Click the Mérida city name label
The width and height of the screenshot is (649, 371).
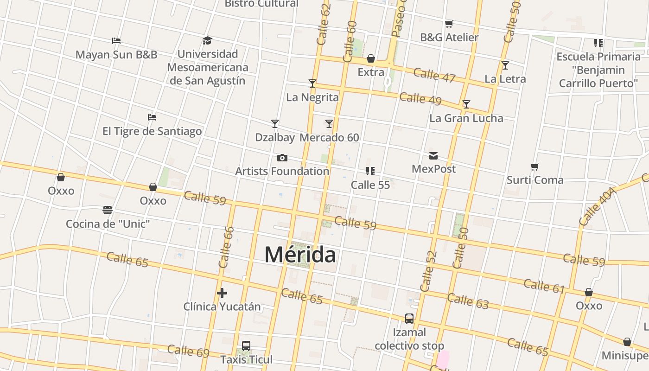[x=300, y=255]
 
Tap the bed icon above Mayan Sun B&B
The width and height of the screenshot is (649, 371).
[x=116, y=41]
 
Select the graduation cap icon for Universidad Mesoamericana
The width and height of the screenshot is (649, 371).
[x=207, y=40]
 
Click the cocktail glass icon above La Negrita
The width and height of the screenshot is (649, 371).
[x=312, y=83]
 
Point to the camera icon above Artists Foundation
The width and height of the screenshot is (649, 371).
[x=282, y=158]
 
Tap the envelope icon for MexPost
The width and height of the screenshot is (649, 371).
[x=433, y=156]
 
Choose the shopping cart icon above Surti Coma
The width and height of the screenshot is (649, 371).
[x=535, y=166]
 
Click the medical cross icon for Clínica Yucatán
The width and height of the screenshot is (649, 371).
[x=222, y=293]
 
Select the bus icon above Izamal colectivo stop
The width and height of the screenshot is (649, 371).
[x=409, y=319]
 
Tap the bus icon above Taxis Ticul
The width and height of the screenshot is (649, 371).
[x=246, y=346]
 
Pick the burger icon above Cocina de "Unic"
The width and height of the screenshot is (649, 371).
[x=108, y=211]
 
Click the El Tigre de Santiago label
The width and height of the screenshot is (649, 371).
[x=152, y=131]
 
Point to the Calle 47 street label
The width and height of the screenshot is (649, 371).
[x=434, y=75]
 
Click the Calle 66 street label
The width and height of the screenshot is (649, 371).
[x=226, y=247]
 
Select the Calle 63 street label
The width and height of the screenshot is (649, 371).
[x=468, y=301]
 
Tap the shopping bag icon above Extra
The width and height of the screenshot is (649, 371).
[x=371, y=59]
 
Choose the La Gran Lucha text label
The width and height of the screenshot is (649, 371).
[x=466, y=118]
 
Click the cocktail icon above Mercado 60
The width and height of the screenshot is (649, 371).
[x=329, y=124]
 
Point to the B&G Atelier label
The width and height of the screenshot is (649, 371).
[x=449, y=38]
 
